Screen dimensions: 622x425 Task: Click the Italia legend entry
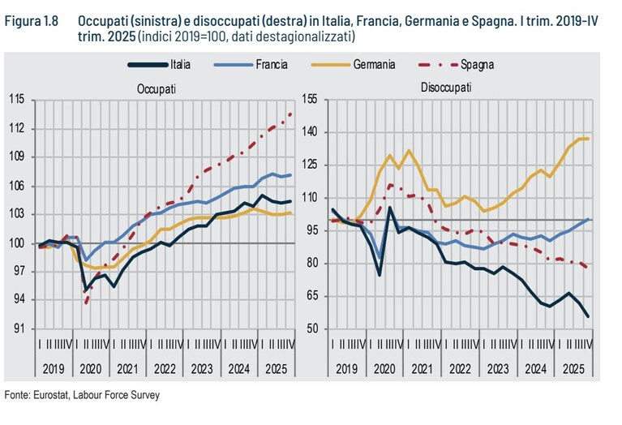coord(159,65)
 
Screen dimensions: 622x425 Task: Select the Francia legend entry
coord(251,65)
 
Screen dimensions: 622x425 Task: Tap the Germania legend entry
coord(353,65)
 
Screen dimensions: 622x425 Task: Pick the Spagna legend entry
coord(457,65)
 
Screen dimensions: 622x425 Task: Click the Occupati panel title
coord(157,89)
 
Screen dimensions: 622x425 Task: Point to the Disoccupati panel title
coord(446,88)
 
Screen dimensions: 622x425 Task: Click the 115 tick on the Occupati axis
coord(17,99)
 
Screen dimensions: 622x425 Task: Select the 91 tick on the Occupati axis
coord(19,328)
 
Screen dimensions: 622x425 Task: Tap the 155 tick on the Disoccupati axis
coord(310,99)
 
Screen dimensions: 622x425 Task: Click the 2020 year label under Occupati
coord(91,369)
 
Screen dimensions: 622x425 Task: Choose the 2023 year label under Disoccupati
coord(498,369)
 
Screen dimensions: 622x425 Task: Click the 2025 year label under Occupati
coord(276,369)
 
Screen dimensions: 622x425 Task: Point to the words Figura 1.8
coord(32,21)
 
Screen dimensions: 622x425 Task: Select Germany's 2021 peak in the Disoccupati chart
coord(409,150)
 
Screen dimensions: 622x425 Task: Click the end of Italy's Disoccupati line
coord(587,316)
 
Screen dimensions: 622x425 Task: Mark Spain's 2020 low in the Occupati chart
coord(87,303)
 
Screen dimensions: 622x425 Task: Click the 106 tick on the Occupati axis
coord(17,186)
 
